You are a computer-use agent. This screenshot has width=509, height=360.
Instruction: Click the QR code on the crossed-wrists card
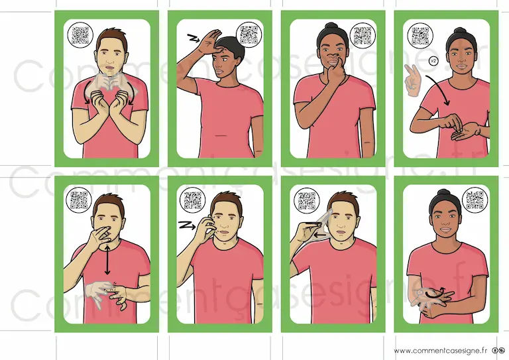tap(80, 35)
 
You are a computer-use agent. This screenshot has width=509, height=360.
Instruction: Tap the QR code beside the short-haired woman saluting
tap(249, 34)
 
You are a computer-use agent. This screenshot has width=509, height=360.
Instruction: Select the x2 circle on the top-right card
tap(433, 61)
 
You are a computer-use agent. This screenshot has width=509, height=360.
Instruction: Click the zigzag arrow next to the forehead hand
tap(194, 39)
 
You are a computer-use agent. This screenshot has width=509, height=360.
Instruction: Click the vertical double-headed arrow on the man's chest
tap(107, 260)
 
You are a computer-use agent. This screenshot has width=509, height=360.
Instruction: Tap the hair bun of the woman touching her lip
tap(331, 26)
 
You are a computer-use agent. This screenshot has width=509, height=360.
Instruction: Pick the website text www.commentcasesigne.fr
tap(441, 351)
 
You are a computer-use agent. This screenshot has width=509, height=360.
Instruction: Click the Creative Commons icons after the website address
tap(498, 351)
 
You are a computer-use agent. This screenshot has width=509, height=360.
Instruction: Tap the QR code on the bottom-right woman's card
tap(475, 200)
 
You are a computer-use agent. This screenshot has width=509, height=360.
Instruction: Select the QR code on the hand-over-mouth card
tap(79, 200)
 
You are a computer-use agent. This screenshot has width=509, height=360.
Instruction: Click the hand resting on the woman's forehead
tap(209, 42)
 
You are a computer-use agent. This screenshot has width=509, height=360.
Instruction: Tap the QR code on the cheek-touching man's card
tap(192, 200)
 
